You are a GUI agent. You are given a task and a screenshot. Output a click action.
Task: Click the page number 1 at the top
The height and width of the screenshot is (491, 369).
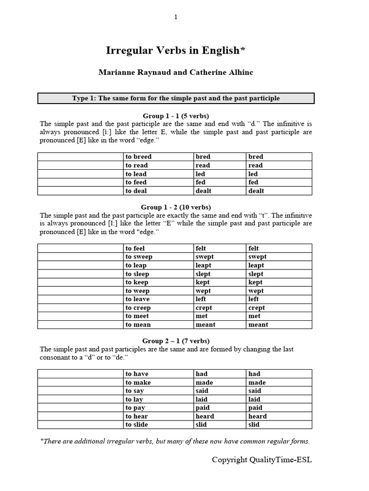click(x=176, y=17)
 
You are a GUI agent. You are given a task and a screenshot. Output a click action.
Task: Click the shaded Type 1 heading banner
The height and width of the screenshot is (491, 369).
click(x=176, y=98)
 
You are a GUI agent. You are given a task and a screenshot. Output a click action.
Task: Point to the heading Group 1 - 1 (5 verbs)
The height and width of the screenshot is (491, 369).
click(x=176, y=116)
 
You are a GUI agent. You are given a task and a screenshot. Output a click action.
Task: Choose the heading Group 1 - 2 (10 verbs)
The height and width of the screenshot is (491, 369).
click(x=176, y=208)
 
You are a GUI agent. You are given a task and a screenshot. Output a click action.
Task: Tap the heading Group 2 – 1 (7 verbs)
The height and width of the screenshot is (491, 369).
click(x=176, y=341)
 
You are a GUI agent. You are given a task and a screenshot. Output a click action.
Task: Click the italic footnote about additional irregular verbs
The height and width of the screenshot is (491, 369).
click(x=175, y=442)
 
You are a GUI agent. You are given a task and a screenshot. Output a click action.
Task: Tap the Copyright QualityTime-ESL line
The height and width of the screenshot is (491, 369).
click(x=262, y=460)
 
